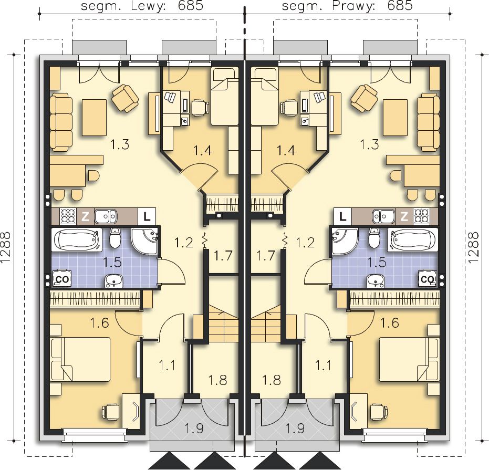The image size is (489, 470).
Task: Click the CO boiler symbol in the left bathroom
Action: tap(62, 279)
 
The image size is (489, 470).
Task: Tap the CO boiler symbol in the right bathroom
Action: tap(426, 279)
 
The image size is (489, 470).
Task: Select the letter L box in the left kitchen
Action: tap(147, 216)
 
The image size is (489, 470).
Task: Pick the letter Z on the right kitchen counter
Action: tap(404, 216)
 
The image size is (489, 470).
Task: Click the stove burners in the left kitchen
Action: tap(68, 216)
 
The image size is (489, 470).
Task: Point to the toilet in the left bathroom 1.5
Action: tap(116, 238)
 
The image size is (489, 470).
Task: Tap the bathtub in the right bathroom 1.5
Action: tap(412, 239)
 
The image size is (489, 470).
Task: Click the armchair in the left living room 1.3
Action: tap(125, 98)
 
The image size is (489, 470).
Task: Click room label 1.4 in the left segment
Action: tap(203, 151)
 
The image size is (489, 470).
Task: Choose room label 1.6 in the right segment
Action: tap(390, 323)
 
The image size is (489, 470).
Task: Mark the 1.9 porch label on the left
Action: tap(194, 428)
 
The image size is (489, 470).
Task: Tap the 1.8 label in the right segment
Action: tap(272, 380)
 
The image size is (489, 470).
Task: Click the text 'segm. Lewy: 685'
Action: tap(142, 6)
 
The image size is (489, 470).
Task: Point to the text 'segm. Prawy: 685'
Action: tap(347, 6)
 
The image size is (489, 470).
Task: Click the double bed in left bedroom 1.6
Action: tap(80, 359)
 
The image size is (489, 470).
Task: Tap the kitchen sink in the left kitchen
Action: tap(106, 216)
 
